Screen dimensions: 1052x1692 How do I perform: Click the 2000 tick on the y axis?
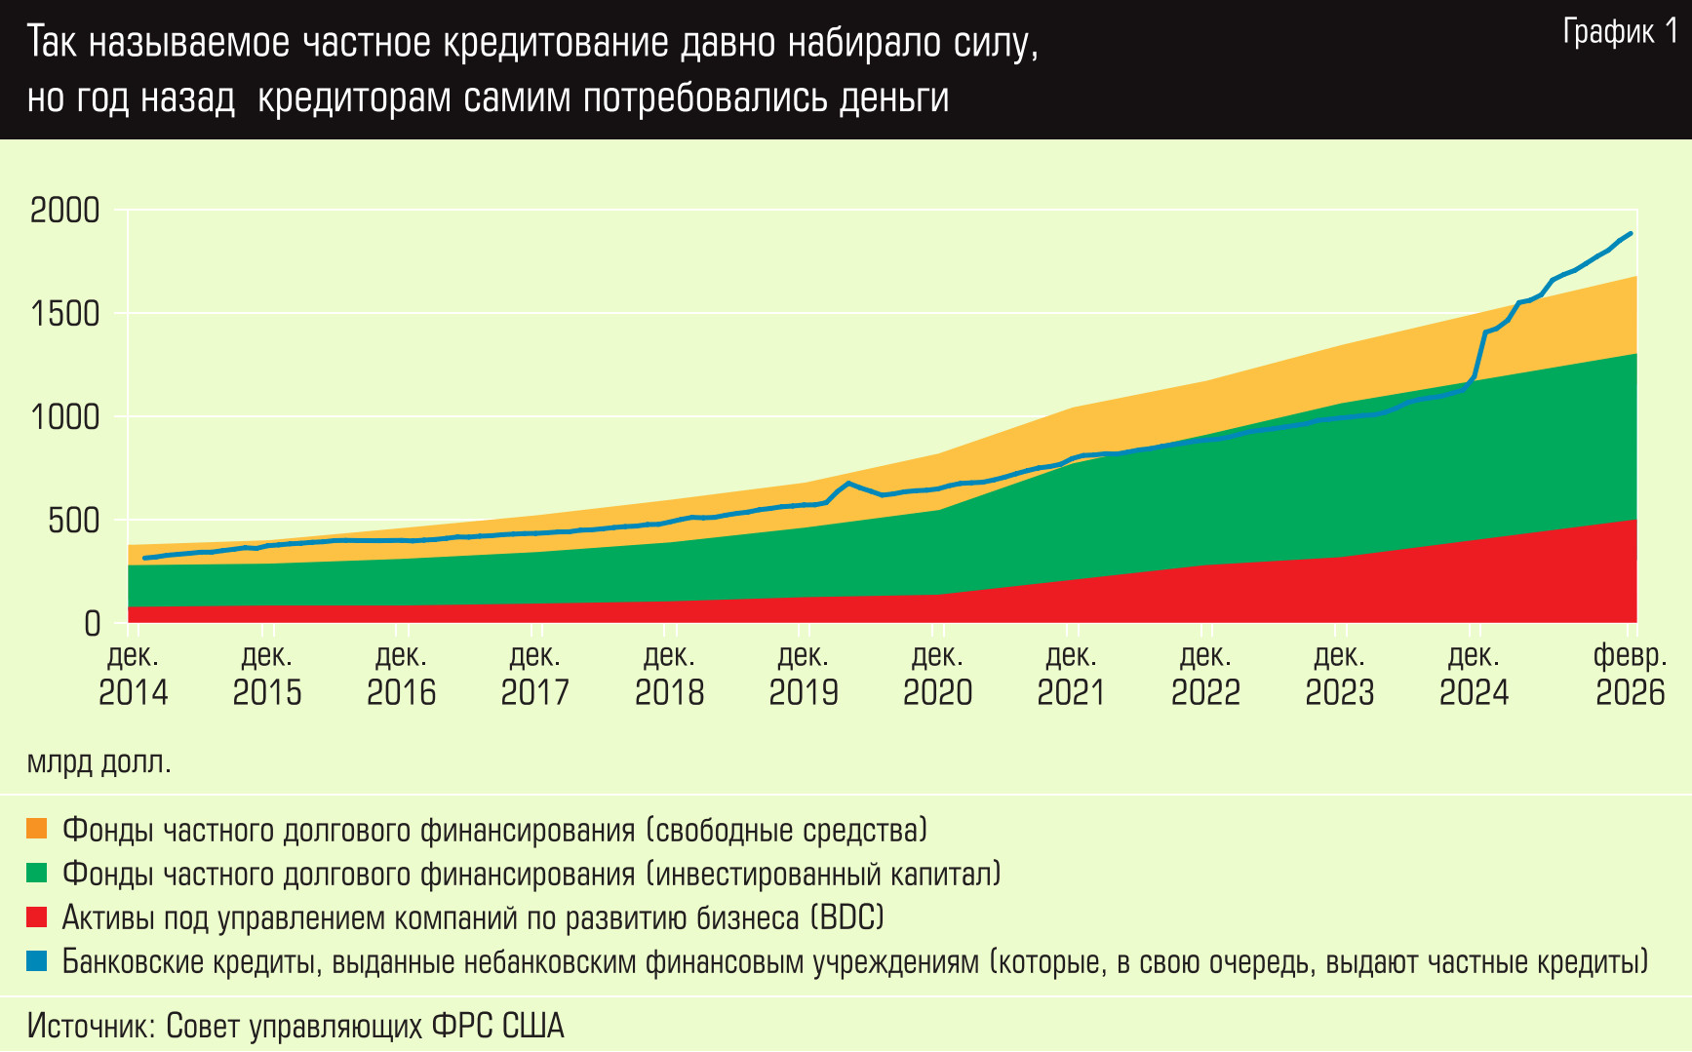click(65, 211)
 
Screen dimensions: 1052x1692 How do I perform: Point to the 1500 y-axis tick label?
click(65, 314)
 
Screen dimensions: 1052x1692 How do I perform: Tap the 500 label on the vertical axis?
click(74, 521)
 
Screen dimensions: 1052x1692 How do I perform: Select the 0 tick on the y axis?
click(93, 624)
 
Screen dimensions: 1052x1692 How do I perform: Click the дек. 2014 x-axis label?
click(134, 674)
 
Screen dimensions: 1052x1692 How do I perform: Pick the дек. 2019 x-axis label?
click(804, 674)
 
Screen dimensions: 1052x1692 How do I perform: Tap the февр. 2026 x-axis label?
click(1630, 674)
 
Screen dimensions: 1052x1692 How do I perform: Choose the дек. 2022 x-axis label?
click(1205, 674)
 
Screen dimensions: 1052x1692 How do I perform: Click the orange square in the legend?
click(37, 830)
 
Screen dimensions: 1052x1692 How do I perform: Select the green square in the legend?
click(37, 874)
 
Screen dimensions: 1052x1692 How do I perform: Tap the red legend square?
click(37, 917)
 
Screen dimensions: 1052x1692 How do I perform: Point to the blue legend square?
click(37, 961)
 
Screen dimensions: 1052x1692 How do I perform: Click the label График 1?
click(1620, 32)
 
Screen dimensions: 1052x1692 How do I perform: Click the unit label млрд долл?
click(99, 762)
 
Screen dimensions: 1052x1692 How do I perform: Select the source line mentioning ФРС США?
click(295, 1026)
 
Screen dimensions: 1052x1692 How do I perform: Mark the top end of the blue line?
click(1631, 234)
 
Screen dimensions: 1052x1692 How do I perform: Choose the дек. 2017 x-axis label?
click(535, 674)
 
